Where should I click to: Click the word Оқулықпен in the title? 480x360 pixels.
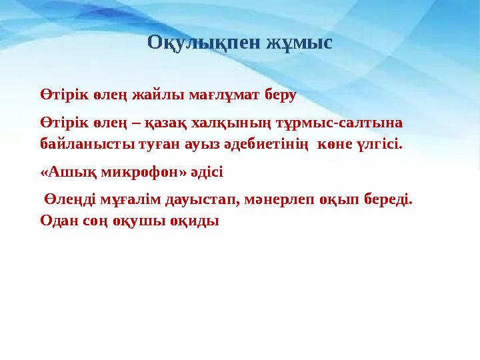click(202, 44)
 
